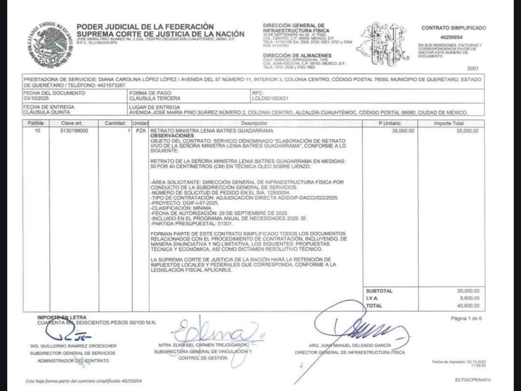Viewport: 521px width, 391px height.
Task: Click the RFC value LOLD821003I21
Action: point(270,99)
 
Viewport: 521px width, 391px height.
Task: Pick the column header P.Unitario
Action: point(390,124)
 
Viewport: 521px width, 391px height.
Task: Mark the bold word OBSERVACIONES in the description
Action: point(165,136)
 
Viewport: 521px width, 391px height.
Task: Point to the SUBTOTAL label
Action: point(379,291)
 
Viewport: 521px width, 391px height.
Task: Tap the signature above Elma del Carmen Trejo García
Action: point(216,333)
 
